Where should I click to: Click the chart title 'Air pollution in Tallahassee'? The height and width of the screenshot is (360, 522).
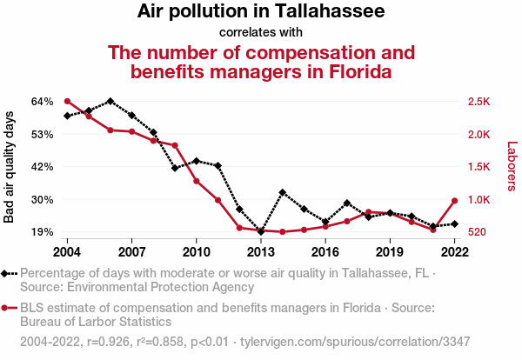click(261, 12)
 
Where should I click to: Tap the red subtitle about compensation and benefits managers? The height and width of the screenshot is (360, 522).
click(261, 61)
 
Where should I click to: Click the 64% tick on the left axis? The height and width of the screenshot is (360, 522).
click(43, 102)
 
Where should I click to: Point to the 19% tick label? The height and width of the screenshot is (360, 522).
click(43, 232)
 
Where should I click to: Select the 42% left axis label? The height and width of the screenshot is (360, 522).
click(43, 167)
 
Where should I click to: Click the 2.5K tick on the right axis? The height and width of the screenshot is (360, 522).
click(478, 102)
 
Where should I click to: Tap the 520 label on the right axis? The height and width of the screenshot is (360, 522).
click(477, 232)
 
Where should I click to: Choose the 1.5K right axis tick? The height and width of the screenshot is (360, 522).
click(478, 167)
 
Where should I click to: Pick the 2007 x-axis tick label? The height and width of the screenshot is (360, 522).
click(131, 251)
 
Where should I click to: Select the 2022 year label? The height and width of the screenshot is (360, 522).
click(455, 251)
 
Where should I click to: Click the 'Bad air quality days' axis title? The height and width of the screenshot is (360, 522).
click(10, 167)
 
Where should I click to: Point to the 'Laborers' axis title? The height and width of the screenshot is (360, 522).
click(512, 167)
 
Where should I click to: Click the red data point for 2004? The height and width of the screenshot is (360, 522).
click(67, 101)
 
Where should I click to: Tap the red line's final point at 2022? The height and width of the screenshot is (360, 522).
click(455, 201)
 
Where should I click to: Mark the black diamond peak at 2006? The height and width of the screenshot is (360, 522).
click(110, 101)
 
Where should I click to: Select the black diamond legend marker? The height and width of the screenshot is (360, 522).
click(7, 273)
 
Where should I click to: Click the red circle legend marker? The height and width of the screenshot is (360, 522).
click(7, 307)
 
